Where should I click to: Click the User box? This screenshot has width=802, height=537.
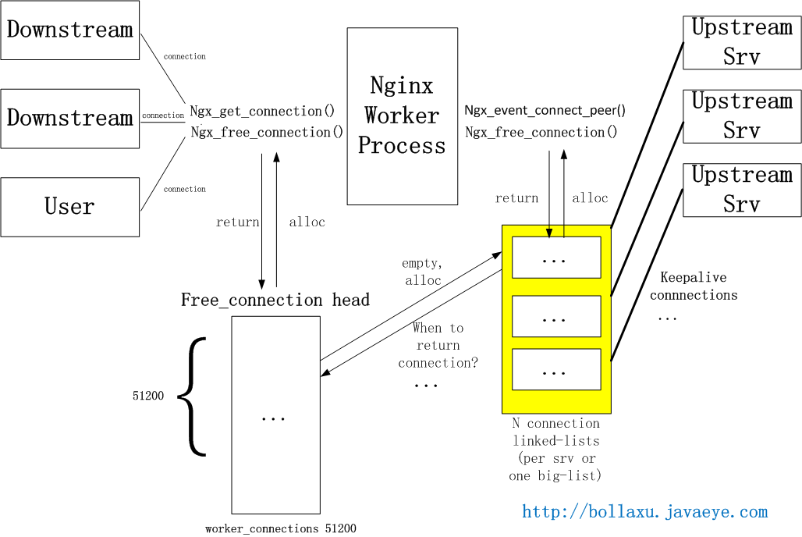pos(70,207)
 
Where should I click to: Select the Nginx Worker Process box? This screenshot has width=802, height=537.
pos(402,116)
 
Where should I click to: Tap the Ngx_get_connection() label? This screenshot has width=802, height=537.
pos(262,112)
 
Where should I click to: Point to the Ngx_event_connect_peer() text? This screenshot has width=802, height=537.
pos(545,111)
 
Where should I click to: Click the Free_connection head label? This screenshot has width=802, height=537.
pos(275,300)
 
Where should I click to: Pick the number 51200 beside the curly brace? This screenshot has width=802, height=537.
pos(148,396)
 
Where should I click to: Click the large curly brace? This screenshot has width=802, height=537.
pos(192,396)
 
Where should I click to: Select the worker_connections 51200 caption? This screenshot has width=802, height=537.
pos(281,528)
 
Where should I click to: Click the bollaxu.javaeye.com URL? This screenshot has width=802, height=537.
pos(645,512)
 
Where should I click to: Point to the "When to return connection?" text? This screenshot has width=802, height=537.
pos(438,345)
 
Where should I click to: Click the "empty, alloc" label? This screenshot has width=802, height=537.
pos(423,272)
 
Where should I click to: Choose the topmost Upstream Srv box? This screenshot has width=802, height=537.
pos(742,41)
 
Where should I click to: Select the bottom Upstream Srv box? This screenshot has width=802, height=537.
pos(742,190)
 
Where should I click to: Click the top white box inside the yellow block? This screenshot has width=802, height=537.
pos(555,257)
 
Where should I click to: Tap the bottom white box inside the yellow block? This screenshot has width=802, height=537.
pos(555,369)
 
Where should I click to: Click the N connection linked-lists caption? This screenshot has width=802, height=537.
pos(555,449)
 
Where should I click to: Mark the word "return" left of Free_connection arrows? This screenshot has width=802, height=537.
pos(237,222)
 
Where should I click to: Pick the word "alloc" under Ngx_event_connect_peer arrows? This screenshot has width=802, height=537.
pos(590,198)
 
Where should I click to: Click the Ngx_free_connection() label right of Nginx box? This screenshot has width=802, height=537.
pos(541,133)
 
